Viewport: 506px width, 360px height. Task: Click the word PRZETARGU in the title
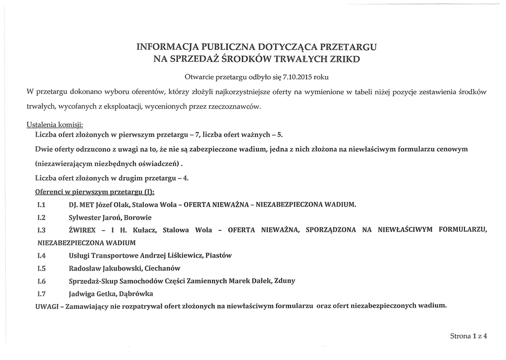(x=348, y=47)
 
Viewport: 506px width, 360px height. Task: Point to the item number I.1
(x=42, y=205)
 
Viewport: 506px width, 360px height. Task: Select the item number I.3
(x=42, y=230)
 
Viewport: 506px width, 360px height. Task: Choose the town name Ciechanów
(x=162, y=269)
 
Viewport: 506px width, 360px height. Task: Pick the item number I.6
(x=42, y=281)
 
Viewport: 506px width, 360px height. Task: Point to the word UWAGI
(x=47, y=307)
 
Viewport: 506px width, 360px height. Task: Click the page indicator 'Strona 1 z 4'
(x=468, y=336)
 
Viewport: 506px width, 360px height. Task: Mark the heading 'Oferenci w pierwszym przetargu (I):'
(x=95, y=192)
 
